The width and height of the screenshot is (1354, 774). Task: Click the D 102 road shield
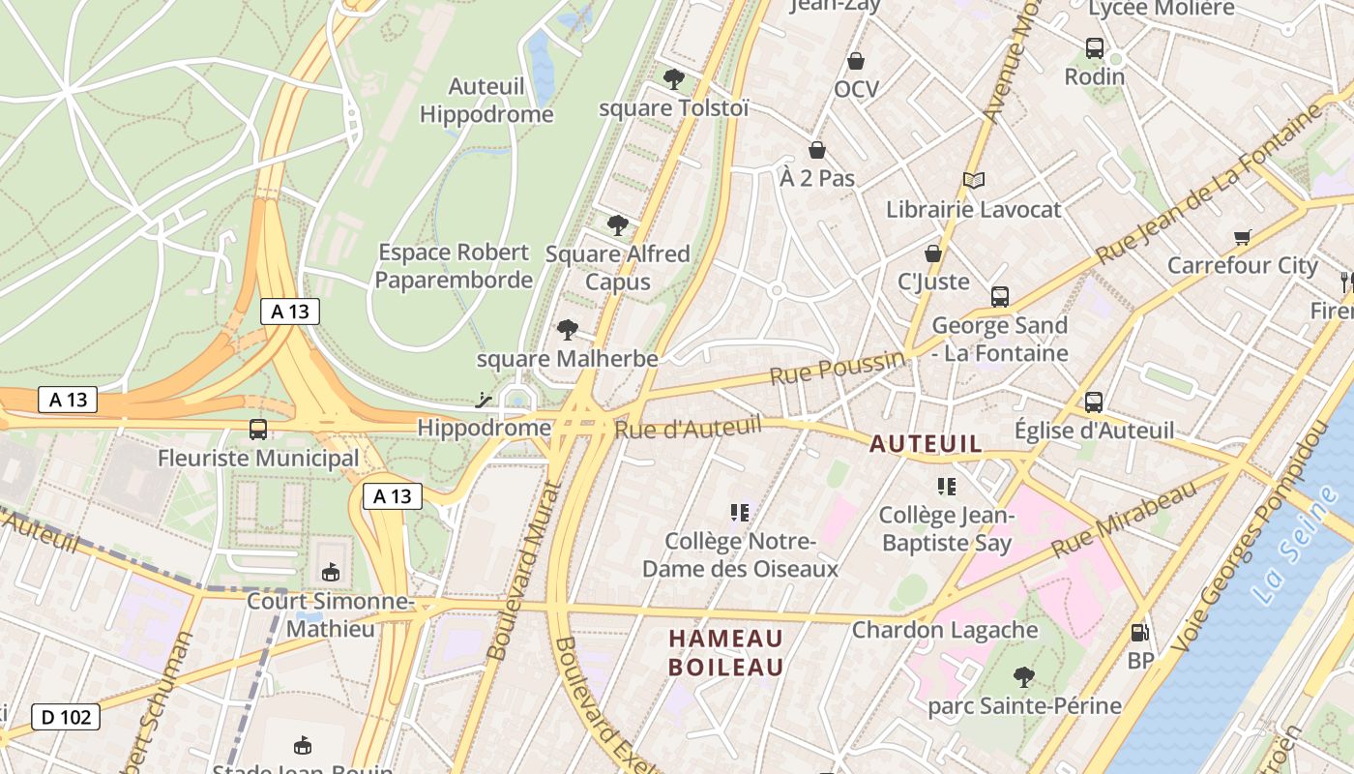(x=66, y=717)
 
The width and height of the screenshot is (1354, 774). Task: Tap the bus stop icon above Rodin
(x=1095, y=47)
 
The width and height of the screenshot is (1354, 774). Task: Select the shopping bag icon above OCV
(x=856, y=62)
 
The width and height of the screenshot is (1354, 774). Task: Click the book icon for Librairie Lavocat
(x=974, y=180)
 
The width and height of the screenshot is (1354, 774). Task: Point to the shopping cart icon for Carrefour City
(x=1243, y=237)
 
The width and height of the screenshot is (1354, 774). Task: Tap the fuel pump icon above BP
(x=1140, y=633)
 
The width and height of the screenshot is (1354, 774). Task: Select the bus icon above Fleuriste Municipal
(x=258, y=429)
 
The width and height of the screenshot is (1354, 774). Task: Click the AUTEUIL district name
(x=926, y=444)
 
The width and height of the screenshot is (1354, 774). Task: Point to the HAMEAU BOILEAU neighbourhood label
(x=726, y=653)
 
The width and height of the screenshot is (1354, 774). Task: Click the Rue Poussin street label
(x=837, y=368)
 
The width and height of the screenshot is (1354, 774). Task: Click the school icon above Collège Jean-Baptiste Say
(x=946, y=486)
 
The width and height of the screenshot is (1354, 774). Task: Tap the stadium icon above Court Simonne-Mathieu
(x=331, y=573)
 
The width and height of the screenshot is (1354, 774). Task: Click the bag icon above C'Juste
(x=933, y=253)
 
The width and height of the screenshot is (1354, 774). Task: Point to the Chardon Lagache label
(x=945, y=630)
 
